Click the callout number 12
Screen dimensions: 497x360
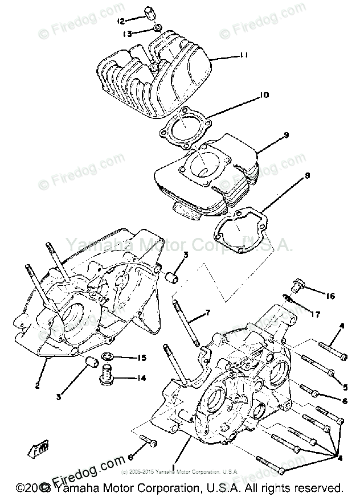point(120,21)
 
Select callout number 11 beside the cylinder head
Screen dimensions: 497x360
point(244,56)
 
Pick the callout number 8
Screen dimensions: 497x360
point(306,176)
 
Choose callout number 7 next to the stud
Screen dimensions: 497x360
point(208,313)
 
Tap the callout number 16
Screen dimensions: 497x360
point(330,296)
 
